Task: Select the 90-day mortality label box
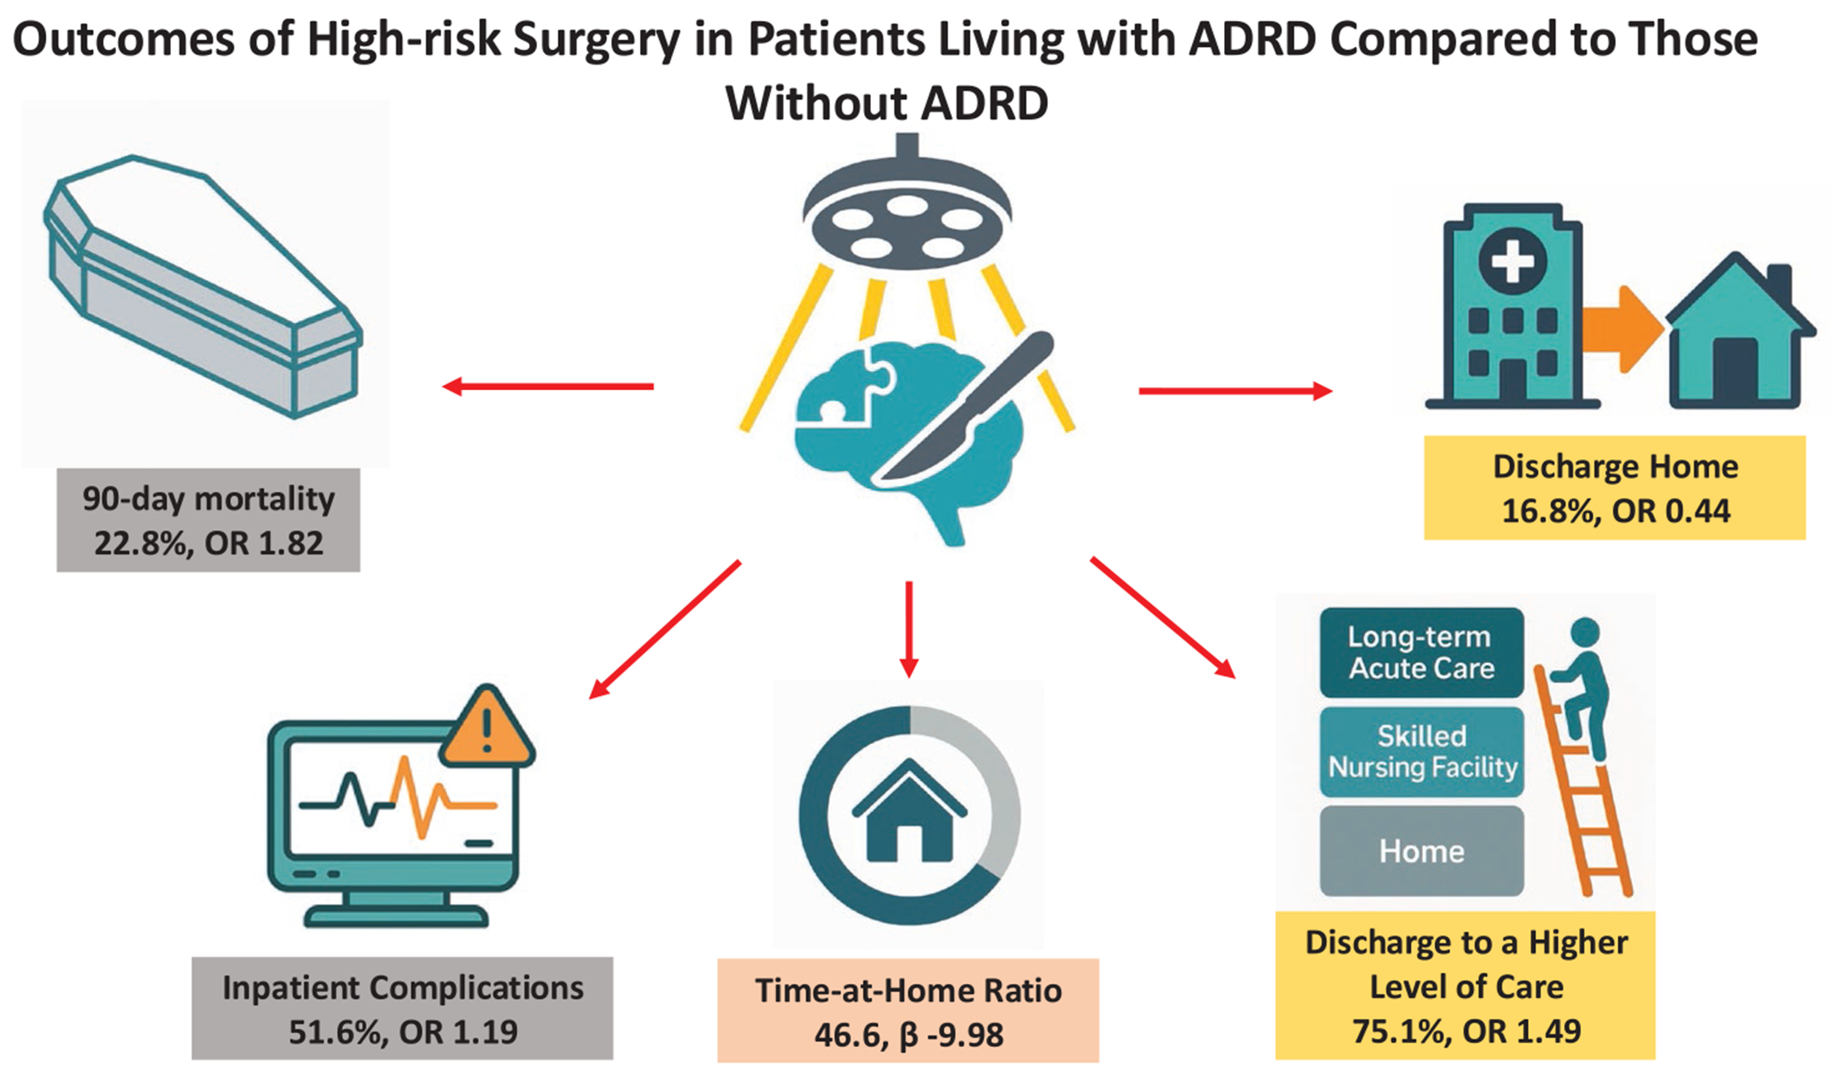pyautogui.click(x=208, y=520)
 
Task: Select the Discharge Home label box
pyautogui.click(x=1615, y=488)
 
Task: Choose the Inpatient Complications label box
pyautogui.click(x=402, y=1009)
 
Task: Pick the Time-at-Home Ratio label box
pyautogui.click(x=908, y=1010)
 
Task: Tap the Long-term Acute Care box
pyautogui.click(x=1421, y=653)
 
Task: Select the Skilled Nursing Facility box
pyautogui.click(x=1421, y=751)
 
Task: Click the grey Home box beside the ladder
pyautogui.click(x=1421, y=851)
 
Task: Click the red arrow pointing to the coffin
pyautogui.click(x=548, y=386)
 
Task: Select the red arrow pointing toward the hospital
pyautogui.click(x=1236, y=391)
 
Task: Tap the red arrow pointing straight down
pyautogui.click(x=909, y=629)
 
